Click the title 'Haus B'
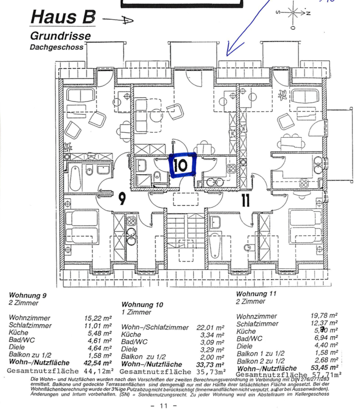point(63,18)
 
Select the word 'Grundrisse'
point(60,36)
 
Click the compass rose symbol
point(293,13)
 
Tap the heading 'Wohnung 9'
point(27,296)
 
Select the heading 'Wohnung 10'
point(142,305)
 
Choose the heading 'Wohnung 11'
point(256,294)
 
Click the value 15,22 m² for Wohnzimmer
point(98,318)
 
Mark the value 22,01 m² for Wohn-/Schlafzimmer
point(210,328)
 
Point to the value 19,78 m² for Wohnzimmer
point(324,316)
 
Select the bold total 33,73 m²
point(210,364)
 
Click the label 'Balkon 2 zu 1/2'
point(261,361)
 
